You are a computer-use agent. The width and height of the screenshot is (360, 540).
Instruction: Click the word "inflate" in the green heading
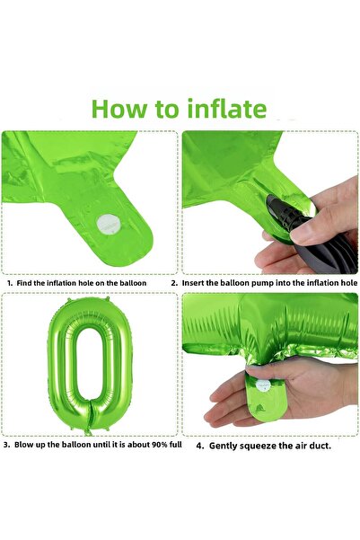[x=227, y=109]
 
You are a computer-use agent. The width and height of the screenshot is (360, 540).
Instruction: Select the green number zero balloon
[x=90, y=365]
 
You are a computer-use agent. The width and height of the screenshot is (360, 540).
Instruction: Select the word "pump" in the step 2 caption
[x=267, y=283]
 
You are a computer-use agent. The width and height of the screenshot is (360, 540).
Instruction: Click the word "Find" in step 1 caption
[x=24, y=283]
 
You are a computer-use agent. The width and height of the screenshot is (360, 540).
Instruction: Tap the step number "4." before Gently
[x=200, y=446]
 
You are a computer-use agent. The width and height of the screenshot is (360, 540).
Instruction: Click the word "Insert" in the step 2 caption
[x=193, y=283]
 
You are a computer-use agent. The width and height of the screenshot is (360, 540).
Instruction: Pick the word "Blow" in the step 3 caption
[x=24, y=444]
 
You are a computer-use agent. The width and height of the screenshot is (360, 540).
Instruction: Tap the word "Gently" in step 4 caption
[x=223, y=446]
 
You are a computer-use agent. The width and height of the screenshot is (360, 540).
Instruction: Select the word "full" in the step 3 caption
[x=176, y=444]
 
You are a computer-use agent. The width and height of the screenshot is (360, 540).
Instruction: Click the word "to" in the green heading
[x=167, y=110]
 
